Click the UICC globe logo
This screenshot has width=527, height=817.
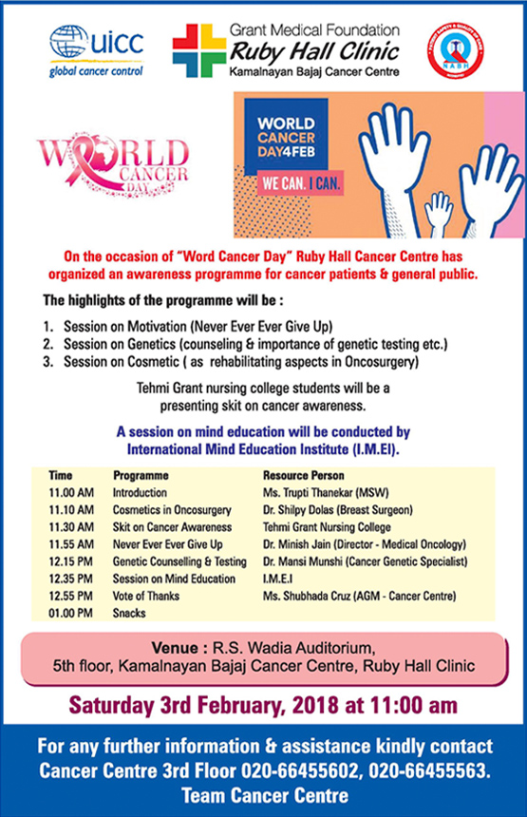point(68,46)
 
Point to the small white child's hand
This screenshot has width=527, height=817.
point(439,211)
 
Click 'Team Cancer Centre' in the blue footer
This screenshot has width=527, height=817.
point(263,794)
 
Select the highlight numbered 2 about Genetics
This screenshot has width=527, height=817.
point(243,342)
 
